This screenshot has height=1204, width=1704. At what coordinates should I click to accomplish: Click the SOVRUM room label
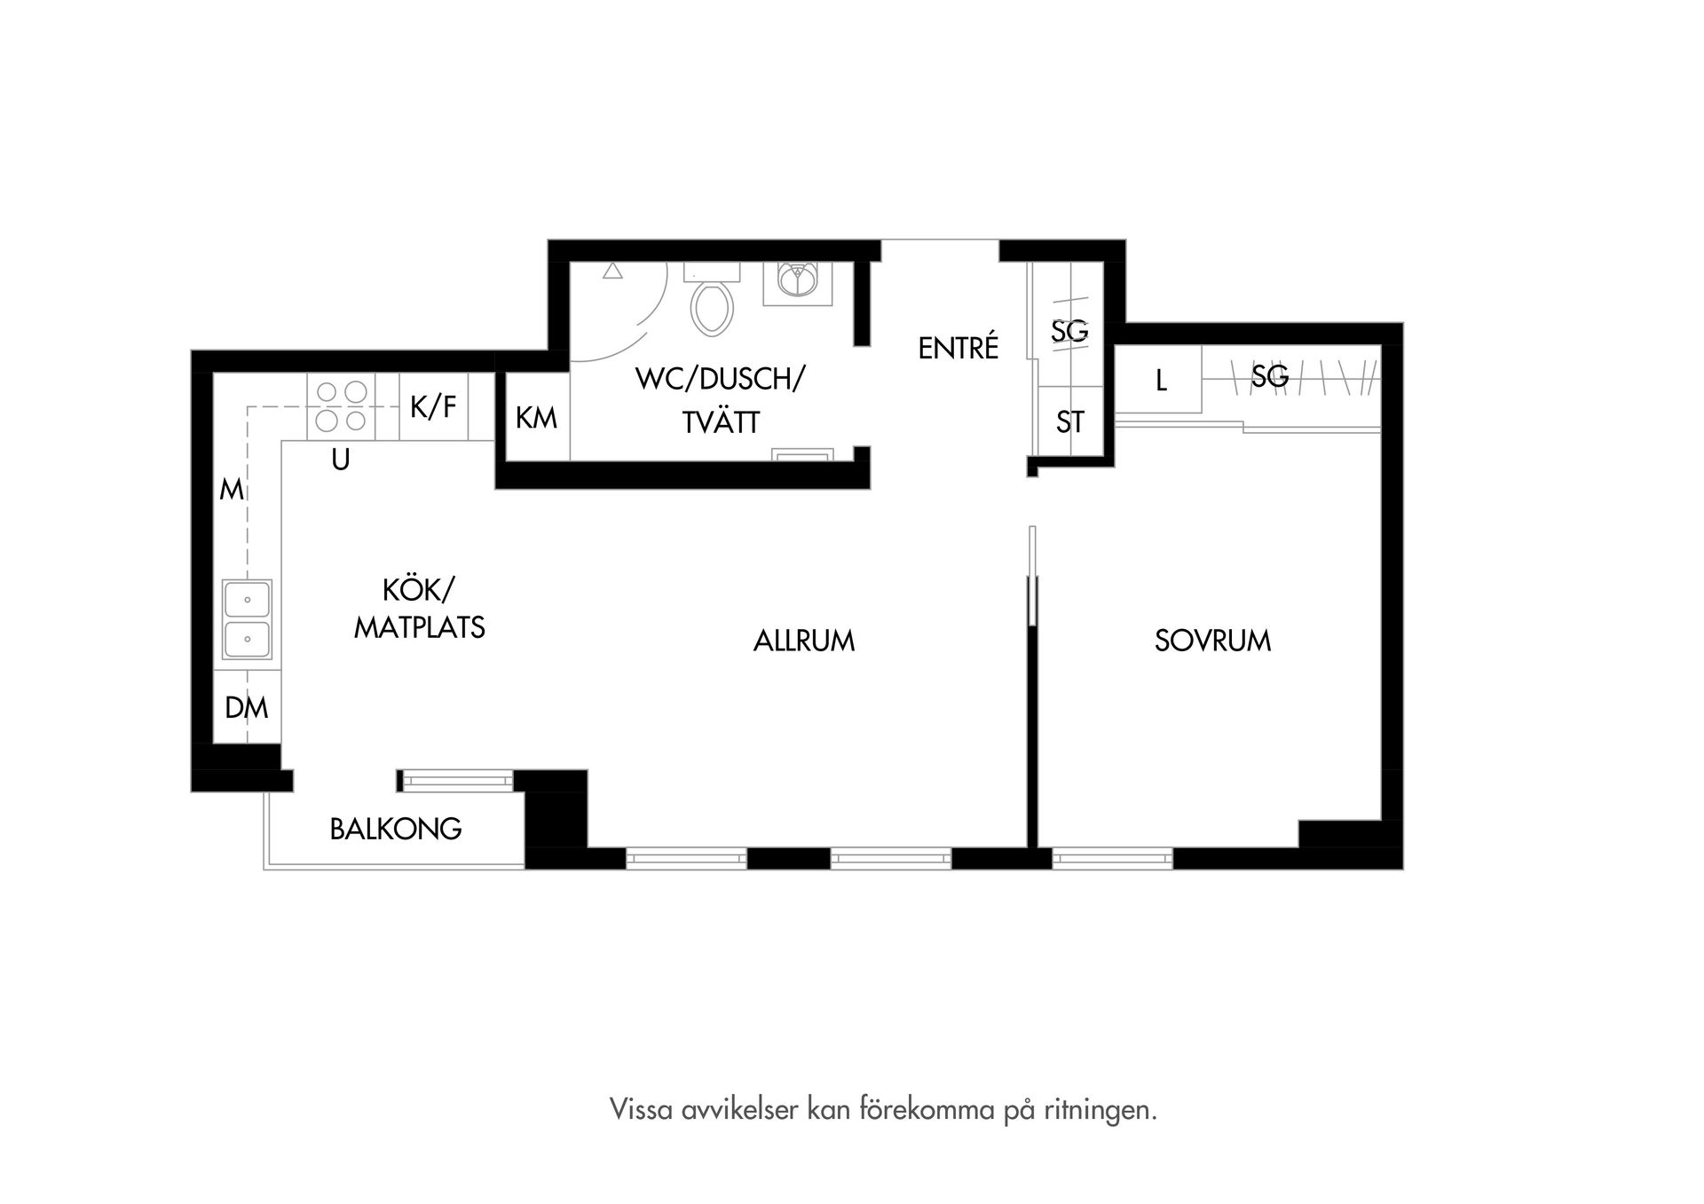click(1212, 641)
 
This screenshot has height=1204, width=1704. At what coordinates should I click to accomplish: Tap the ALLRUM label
click(803, 641)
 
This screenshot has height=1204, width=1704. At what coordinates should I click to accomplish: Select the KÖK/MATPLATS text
click(419, 609)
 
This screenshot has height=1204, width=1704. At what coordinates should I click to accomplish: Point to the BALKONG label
click(396, 829)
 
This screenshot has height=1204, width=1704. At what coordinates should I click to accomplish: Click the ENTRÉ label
click(958, 349)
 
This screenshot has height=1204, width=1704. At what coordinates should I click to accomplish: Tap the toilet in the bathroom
click(712, 304)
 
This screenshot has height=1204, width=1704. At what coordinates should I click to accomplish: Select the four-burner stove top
click(341, 406)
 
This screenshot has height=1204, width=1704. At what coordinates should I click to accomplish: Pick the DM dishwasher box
click(247, 707)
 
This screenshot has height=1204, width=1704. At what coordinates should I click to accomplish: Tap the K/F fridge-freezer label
click(433, 407)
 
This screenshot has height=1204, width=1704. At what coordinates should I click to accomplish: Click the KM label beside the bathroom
click(536, 418)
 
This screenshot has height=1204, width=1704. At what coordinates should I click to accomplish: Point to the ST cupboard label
click(1070, 422)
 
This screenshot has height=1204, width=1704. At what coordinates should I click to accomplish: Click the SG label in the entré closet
click(1069, 331)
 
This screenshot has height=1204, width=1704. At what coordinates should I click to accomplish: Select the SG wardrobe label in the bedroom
click(1269, 377)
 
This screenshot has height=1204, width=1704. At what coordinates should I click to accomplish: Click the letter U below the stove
click(340, 460)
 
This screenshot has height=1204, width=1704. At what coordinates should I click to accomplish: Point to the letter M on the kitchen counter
click(231, 490)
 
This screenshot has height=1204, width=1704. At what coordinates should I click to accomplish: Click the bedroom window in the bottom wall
click(1113, 858)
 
